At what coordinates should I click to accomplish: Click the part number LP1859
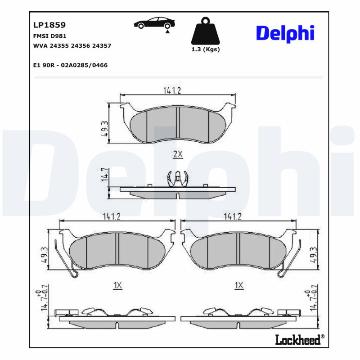(x=47, y=25)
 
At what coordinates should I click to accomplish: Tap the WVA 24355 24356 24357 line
(x=72, y=46)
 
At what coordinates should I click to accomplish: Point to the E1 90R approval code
(x=71, y=65)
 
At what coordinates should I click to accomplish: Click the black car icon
(x=154, y=23)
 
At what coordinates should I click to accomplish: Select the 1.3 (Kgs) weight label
(x=206, y=49)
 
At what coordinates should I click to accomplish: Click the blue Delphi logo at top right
(x=285, y=34)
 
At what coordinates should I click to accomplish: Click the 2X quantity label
(x=178, y=154)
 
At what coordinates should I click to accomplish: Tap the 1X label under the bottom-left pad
(x=117, y=285)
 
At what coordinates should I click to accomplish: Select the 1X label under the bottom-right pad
(x=239, y=285)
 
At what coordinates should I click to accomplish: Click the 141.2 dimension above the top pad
(x=171, y=90)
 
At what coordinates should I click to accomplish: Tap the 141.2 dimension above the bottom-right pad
(x=233, y=216)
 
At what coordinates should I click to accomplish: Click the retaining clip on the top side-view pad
(x=178, y=179)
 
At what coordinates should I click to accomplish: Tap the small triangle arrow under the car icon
(x=167, y=31)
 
